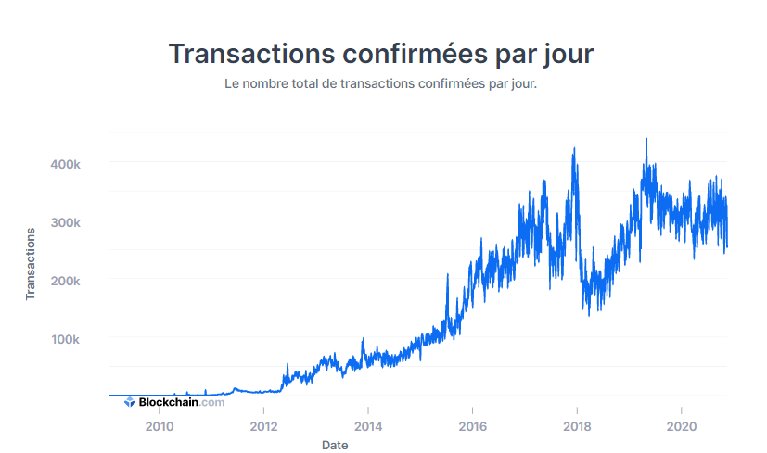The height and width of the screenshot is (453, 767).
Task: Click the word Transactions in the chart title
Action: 251,53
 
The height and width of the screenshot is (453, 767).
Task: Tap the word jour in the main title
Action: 568,55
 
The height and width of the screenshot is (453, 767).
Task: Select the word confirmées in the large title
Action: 415,53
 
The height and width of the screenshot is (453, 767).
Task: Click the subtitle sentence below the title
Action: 380,83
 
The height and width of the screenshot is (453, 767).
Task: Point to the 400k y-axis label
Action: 65,164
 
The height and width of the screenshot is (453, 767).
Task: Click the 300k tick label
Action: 65,223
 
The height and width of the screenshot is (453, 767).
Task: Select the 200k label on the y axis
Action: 65,281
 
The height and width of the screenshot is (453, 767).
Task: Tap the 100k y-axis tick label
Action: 65,339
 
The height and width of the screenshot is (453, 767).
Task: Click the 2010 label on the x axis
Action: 160,427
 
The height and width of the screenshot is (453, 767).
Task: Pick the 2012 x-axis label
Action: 263,427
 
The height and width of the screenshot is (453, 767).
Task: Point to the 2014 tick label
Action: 368,427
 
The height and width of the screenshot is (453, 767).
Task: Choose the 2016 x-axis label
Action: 472,427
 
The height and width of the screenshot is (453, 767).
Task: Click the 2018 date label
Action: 577,427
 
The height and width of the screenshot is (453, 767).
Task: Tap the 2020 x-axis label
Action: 682,427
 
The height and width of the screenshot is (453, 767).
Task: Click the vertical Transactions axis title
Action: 31,264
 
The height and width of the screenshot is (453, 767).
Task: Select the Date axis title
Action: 335,446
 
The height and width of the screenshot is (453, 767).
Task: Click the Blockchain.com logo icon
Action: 130,402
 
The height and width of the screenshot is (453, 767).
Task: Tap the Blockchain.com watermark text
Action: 182,402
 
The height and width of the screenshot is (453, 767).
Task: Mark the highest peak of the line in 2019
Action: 646,139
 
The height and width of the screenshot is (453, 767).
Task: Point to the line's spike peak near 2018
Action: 574,148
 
